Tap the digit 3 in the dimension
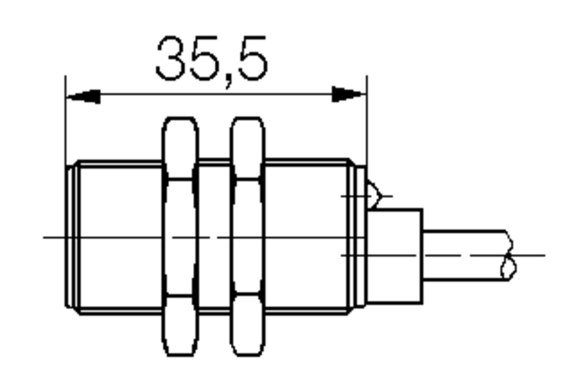[x=171, y=59]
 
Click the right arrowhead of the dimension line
[x=348, y=94]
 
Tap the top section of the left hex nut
[x=180, y=148]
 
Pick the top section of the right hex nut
[x=248, y=148]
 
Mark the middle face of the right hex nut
[x=248, y=237]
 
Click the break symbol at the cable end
[x=508, y=255]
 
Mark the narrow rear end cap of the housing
[x=361, y=237]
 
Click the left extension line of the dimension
[x=65, y=120]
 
